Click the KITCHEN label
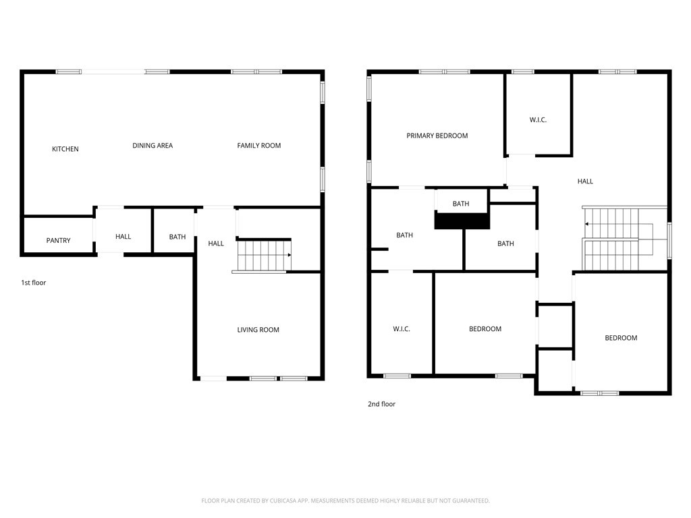click(65, 149)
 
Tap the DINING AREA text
click(153, 146)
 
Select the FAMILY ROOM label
click(258, 146)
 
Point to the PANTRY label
click(58, 241)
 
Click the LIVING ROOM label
click(258, 330)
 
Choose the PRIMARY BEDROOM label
click(437, 136)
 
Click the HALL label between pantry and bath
click(123, 237)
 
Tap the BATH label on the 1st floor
click(177, 237)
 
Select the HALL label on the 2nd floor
click(585, 181)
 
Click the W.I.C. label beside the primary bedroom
click(538, 120)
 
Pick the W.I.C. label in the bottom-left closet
click(402, 329)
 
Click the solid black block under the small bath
click(462, 221)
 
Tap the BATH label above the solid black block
click(461, 204)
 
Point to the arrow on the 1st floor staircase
click(289, 255)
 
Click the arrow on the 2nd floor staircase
click(587, 223)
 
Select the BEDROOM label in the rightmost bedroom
click(620, 338)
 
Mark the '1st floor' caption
click(34, 283)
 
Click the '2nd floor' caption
click(381, 404)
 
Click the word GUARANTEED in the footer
click(468, 500)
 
